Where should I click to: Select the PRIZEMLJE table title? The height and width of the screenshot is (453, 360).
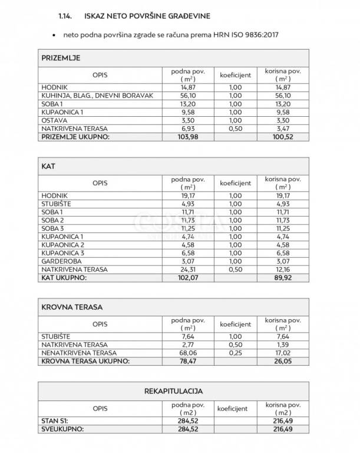[x=61, y=58]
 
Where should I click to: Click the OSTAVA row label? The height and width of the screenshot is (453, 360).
[x=54, y=120]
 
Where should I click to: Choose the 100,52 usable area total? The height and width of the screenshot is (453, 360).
[x=283, y=137]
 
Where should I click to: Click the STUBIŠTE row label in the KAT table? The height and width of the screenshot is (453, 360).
[x=57, y=204]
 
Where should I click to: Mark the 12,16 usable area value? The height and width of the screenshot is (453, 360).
[x=283, y=269]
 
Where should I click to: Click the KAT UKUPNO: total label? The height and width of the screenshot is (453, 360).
[x=65, y=277]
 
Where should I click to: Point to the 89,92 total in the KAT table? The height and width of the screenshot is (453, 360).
[x=283, y=277]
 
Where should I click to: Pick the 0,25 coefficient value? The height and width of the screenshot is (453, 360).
[x=236, y=353]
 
